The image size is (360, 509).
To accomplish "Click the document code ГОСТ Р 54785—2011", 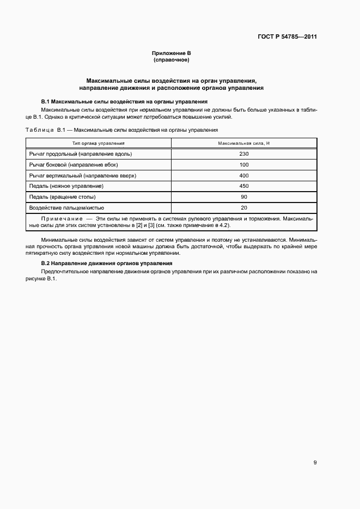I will tap(287, 37).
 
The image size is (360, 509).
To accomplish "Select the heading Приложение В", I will tap(172, 53).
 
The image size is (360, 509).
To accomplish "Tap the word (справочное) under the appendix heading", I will tap(172, 60).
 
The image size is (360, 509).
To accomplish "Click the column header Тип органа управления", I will tap(99, 143).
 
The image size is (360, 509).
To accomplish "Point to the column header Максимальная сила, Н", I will tap(243, 143).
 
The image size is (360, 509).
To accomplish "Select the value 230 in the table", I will tap(243, 154).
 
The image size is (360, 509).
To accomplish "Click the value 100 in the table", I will tap(243, 164).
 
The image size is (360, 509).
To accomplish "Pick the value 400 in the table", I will tap(243, 175).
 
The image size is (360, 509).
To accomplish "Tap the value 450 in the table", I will tap(243, 186).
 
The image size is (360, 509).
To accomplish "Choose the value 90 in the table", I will tap(243, 197).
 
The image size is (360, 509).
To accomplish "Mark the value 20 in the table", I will tap(243, 208).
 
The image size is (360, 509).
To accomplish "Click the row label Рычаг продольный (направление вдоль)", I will tap(81, 154).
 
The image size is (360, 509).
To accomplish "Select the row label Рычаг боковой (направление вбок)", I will tap(74, 164).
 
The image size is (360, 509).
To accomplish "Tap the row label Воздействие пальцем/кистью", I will tap(67, 208).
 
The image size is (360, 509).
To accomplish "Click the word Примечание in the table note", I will tap(60, 218).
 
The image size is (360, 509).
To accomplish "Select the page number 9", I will tap(315, 447).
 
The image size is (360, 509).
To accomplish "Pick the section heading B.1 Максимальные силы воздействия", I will tap(124, 102).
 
